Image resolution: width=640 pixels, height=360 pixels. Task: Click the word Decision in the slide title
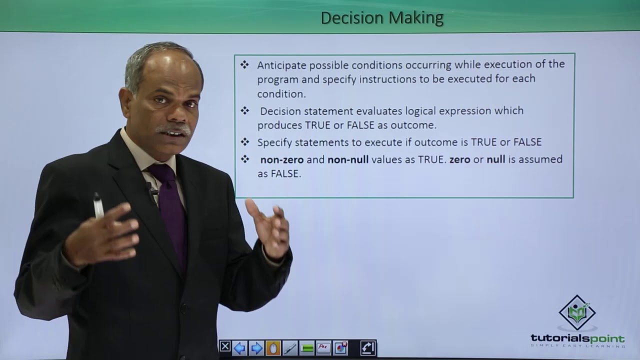[x=345, y=18]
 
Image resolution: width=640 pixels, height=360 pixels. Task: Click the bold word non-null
[x=348, y=159]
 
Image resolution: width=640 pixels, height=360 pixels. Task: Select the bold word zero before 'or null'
[x=459, y=159]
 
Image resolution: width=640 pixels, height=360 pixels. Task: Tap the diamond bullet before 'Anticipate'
[x=244, y=64]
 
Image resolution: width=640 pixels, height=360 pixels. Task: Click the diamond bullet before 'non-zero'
[x=244, y=159]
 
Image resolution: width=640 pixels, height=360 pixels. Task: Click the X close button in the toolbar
[x=225, y=347]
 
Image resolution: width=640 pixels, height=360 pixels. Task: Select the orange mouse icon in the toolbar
[x=273, y=347]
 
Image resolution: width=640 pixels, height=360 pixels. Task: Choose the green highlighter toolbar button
[x=307, y=347]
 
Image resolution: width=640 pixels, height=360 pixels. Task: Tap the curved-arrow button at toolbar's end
[x=367, y=347]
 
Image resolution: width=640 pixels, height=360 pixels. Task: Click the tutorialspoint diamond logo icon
[x=577, y=312]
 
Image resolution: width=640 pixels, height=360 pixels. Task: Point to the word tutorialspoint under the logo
[x=577, y=338]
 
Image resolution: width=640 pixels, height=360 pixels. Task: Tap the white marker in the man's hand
[x=98, y=205]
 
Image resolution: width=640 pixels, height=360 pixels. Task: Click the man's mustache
[x=173, y=129]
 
